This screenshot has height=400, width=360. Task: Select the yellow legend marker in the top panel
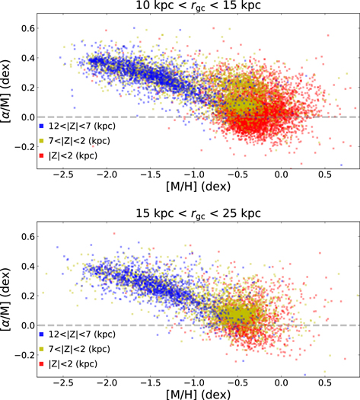[x=41, y=141]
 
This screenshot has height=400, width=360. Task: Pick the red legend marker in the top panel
[x=41, y=156]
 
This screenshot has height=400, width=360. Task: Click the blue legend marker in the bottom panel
[x=41, y=334]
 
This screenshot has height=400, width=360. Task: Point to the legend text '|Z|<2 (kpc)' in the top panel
[x=72, y=156]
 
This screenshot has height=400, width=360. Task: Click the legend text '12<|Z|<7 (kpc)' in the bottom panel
[x=80, y=334]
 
